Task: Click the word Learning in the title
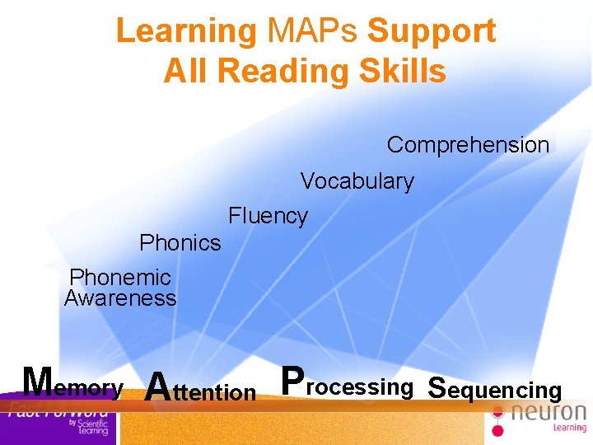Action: tap(186, 31)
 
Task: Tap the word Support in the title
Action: tap(432, 31)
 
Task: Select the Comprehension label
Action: tap(468, 145)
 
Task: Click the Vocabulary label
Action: tap(357, 181)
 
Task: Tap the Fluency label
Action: tap(268, 216)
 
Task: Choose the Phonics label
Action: tap(180, 243)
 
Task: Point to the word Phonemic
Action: tap(120, 278)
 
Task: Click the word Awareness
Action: tap(120, 298)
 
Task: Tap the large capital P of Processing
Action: tap(292, 382)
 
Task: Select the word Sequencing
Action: tap(495, 389)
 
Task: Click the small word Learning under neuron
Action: tap(569, 429)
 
